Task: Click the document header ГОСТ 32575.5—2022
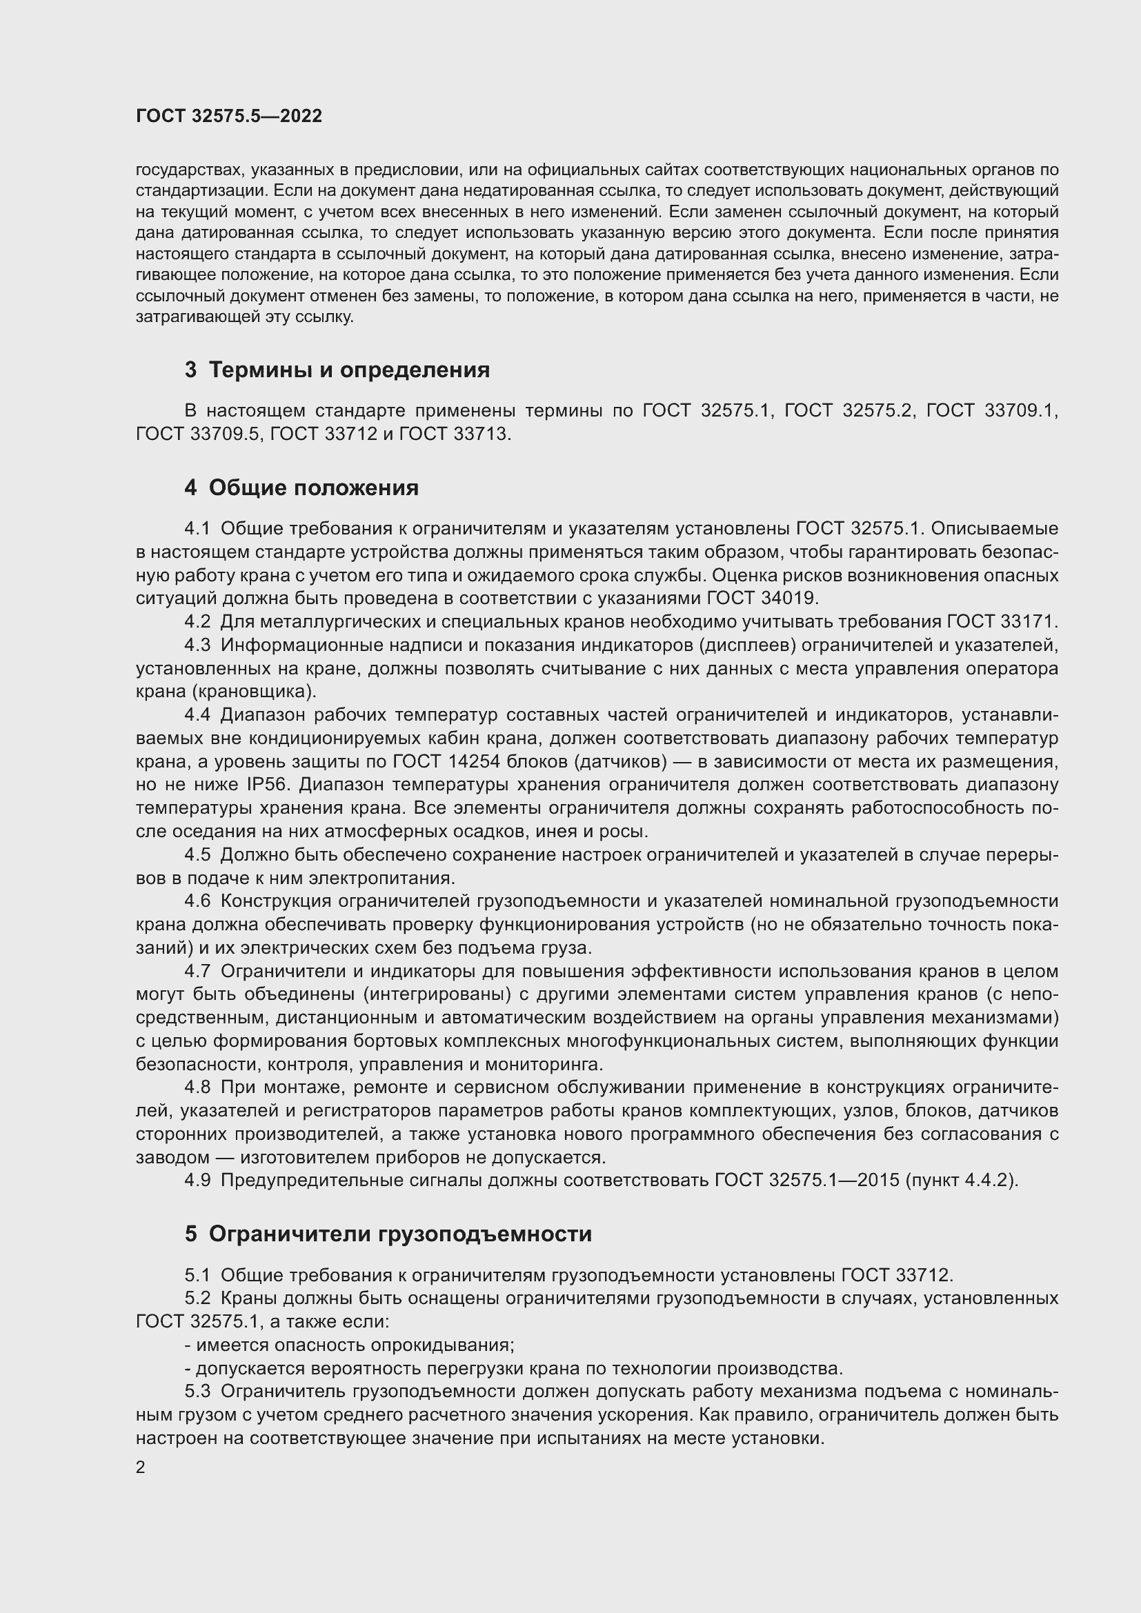pos(228,116)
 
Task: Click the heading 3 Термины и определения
pos(337,370)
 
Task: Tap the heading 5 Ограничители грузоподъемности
pos(388,1234)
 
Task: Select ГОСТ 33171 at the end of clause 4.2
pos(1000,622)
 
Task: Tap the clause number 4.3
pos(197,645)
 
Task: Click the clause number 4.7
pos(197,972)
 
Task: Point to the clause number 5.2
pos(197,1299)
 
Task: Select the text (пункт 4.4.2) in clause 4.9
pos(960,1180)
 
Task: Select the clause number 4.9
pos(197,1180)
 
